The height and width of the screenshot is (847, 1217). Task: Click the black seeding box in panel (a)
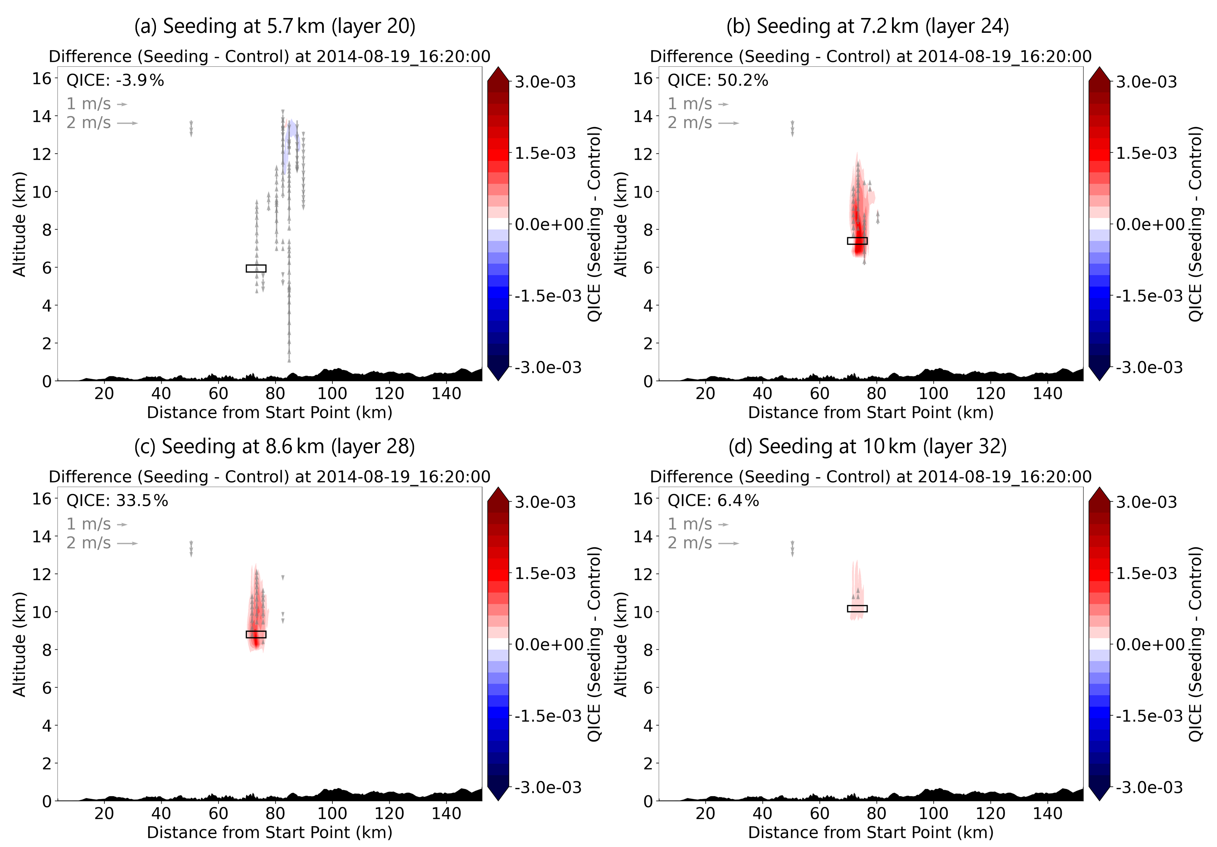(x=256, y=269)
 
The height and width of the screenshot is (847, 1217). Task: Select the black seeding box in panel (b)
(x=857, y=241)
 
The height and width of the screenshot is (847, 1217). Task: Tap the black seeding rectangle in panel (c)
(x=256, y=635)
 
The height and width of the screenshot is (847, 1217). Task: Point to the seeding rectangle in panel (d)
(x=857, y=608)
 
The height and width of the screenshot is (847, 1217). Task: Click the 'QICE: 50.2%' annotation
(x=718, y=80)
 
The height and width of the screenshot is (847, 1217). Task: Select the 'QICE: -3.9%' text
(x=115, y=80)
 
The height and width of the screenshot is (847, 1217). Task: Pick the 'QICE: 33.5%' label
(x=117, y=501)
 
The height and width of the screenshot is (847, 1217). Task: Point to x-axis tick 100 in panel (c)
(x=332, y=813)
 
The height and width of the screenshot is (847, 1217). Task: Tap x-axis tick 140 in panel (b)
(x=1047, y=393)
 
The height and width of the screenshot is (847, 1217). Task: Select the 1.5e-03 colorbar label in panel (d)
(x=1146, y=573)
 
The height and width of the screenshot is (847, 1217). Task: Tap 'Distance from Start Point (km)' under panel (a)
(x=269, y=412)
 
